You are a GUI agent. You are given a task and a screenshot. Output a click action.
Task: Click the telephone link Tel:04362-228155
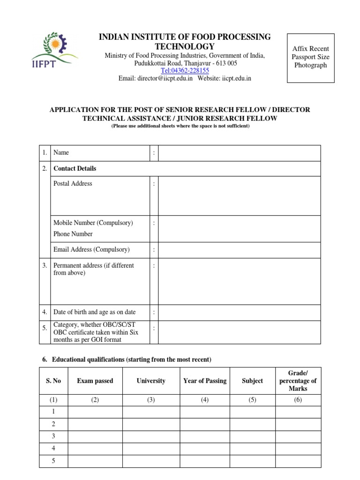pos(185,70)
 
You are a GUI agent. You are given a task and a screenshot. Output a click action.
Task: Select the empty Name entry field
pos(240,153)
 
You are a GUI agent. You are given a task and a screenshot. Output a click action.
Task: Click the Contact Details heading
pos(75,168)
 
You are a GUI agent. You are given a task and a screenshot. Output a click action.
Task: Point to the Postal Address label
pos(73,184)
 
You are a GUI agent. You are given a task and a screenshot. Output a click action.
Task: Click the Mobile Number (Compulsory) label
pos(93,223)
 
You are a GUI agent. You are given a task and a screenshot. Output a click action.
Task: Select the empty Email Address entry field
pos(240,250)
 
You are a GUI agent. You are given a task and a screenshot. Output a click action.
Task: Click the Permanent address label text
pos(93,269)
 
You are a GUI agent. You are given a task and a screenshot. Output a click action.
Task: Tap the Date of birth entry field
pos(240,312)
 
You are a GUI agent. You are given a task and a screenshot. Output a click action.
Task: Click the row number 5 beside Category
pos(45,329)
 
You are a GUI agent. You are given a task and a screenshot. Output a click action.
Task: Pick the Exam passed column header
pos(95,381)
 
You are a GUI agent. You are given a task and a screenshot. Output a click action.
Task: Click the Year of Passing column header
pos(204,381)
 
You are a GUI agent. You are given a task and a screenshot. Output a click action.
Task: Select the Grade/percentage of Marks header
pos(298,381)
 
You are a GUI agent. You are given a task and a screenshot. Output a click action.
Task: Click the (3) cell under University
pos(151,400)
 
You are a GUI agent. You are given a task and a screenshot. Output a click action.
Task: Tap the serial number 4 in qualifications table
pos(53,448)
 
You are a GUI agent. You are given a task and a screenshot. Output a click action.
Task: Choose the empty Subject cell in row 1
pos(252,412)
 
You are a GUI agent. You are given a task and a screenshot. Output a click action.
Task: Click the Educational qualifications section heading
pos(127,360)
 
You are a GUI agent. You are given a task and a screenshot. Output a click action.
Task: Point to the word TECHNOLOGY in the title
pos(185,46)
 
